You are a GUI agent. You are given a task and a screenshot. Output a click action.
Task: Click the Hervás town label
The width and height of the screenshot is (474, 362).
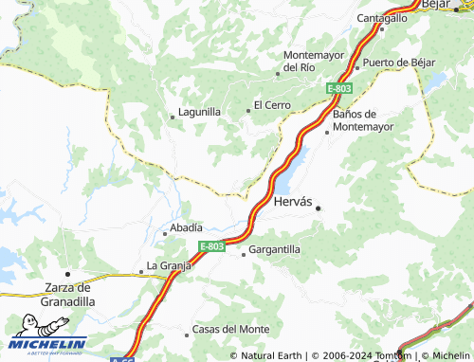tap(292, 202)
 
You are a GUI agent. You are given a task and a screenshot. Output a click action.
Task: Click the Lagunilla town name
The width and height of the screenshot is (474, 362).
tap(200, 112)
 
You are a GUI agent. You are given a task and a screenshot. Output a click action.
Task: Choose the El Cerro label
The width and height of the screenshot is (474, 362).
tap(272, 104)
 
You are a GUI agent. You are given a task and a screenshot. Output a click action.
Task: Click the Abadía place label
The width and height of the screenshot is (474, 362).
tap(185, 228)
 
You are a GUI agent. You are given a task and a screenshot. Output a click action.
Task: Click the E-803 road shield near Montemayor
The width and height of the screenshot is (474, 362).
tap(339, 88)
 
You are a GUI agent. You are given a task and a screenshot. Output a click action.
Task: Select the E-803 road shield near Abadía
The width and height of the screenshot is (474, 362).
tap(212, 246)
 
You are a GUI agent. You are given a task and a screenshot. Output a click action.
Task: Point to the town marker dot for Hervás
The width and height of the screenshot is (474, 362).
tap(319, 208)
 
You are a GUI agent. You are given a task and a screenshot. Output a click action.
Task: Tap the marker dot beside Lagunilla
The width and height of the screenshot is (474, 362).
tap(172, 117)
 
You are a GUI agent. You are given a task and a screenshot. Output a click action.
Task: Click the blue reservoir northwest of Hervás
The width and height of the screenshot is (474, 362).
tap(290, 170)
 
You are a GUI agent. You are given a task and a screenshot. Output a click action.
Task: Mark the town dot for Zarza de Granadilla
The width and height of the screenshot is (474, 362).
tap(66, 273)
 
